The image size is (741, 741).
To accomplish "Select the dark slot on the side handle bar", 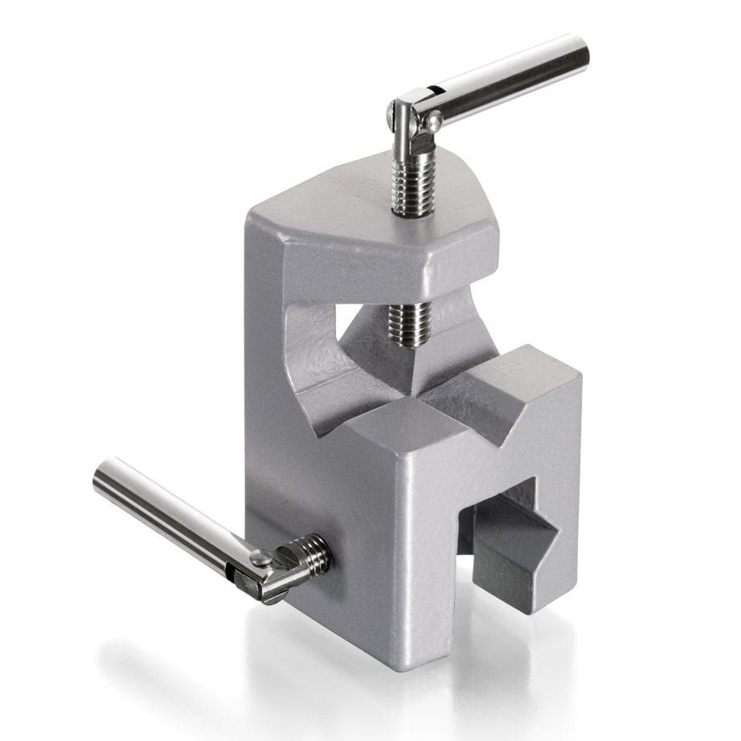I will click(233, 573).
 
